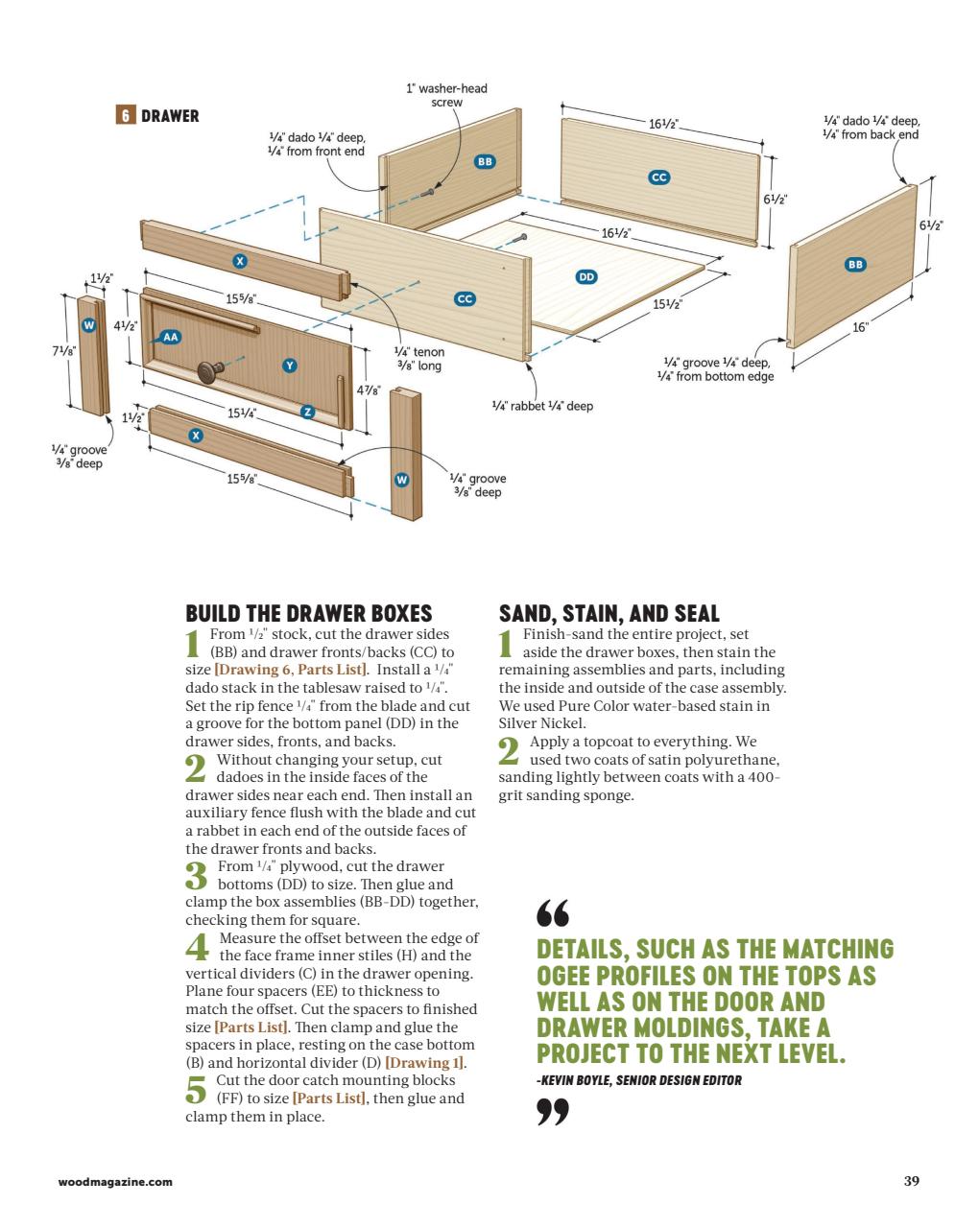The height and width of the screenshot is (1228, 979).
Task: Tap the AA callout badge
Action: (x=170, y=337)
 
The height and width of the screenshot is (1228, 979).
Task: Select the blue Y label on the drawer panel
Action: (x=291, y=365)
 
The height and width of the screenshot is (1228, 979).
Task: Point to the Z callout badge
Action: (x=308, y=412)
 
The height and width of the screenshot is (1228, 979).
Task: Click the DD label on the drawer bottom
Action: (x=585, y=277)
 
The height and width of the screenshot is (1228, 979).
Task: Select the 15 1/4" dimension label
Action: (x=242, y=413)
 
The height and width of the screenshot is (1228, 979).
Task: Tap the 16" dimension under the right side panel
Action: (x=861, y=327)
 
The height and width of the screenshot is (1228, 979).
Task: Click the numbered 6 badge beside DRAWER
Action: (x=125, y=116)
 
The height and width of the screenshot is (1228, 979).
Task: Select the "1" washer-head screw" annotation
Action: (x=446, y=95)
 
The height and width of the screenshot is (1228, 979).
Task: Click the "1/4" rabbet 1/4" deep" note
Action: (x=542, y=406)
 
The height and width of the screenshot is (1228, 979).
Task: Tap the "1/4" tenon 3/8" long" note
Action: (x=420, y=359)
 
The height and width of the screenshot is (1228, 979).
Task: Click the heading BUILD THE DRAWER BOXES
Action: (x=308, y=613)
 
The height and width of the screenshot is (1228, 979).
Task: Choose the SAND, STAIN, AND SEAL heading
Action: (x=609, y=613)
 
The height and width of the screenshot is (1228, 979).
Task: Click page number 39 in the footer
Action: (x=911, y=1181)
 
